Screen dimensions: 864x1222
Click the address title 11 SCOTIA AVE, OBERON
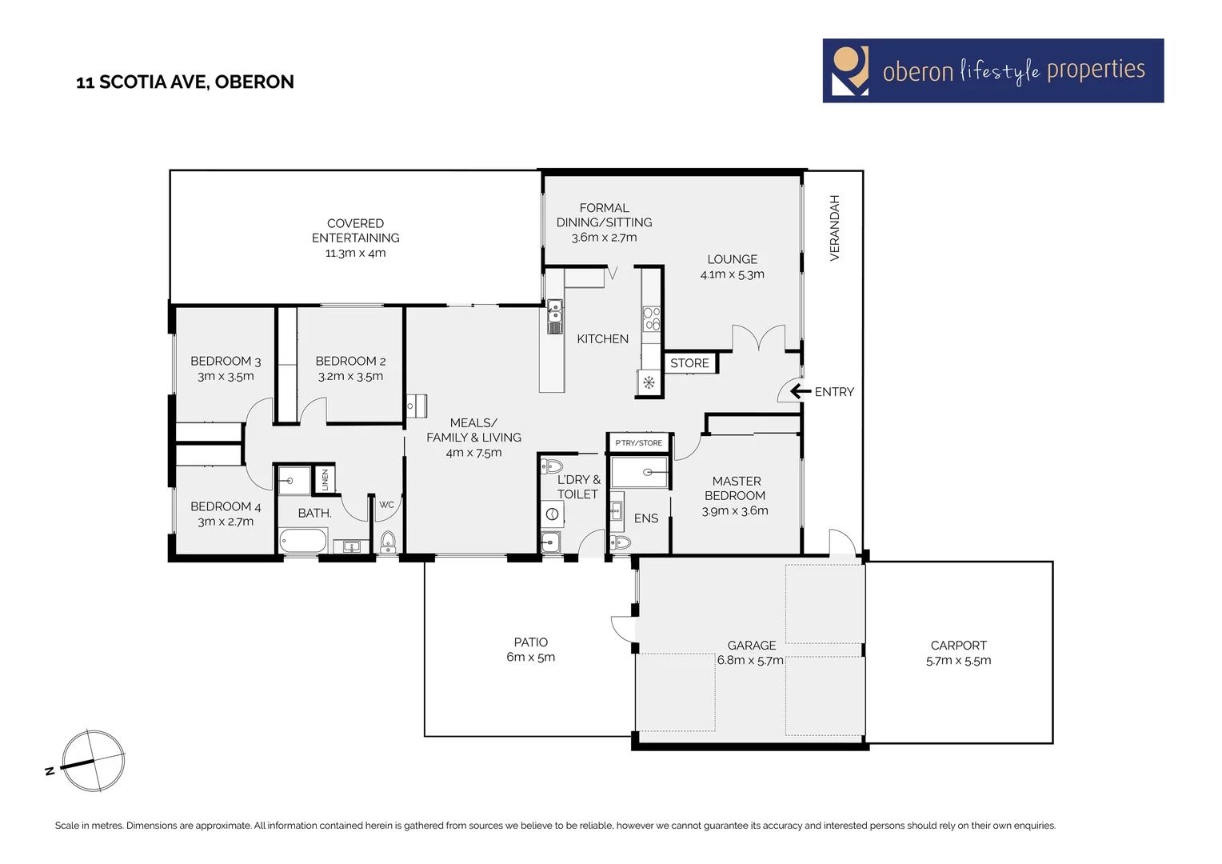tap(185, 82)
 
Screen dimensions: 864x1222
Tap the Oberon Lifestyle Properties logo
tap(992, 70)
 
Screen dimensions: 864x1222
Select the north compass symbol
tap(93, 761)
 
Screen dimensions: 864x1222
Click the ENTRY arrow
tap(800, 391)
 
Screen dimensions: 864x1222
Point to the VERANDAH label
tap(834, 228)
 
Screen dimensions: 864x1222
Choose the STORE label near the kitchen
tap(689, 363)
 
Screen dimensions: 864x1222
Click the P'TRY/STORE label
tap(638, 442)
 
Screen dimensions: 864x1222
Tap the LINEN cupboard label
tap(325, 480)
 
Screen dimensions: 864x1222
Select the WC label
tap(386, 505)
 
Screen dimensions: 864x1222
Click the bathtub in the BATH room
tap(303, 541)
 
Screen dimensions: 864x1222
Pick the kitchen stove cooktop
tap(652, 318)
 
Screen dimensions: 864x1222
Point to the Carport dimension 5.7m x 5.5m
tap(958, 661)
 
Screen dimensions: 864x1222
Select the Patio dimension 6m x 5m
tap(530, 658)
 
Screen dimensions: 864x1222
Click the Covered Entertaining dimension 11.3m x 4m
tap(355, 253)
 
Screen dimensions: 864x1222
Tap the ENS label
tap(645, 518)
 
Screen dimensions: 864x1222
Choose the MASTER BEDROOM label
tap(736, 488)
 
